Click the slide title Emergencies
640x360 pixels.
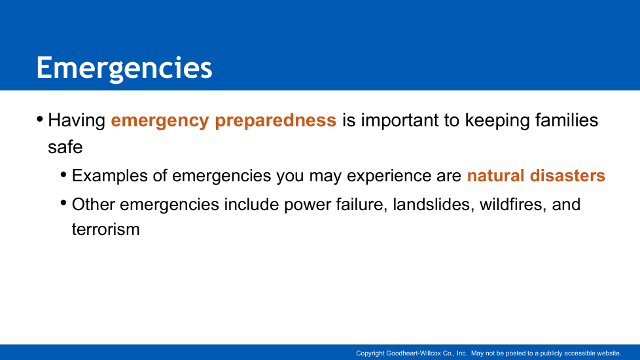pyautogui.click(x=124, y=69)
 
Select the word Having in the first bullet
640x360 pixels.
pyautogui.click(x=77, y=121)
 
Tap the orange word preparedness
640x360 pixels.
pyautogui.click(x=276, y=121)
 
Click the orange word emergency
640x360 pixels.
pyautogui.click(x=160, y=121)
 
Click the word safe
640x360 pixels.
pyautogui.click(x=65, y=147)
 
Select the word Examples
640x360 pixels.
pyautogui.click(x=110, y=176)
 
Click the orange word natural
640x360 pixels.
pyautogui.click(x=495, y=175)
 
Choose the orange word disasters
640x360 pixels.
pyautogui.click(x=567, y=175)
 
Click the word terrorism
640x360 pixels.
pyautogui.click(x=106, y=229)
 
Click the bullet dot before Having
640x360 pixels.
pyautogui.click(x=40, y=120)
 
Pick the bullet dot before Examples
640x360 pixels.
pyautogui.click(x=63, y=175)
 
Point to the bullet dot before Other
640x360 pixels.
pyautogui.click(x=63, y=203)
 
